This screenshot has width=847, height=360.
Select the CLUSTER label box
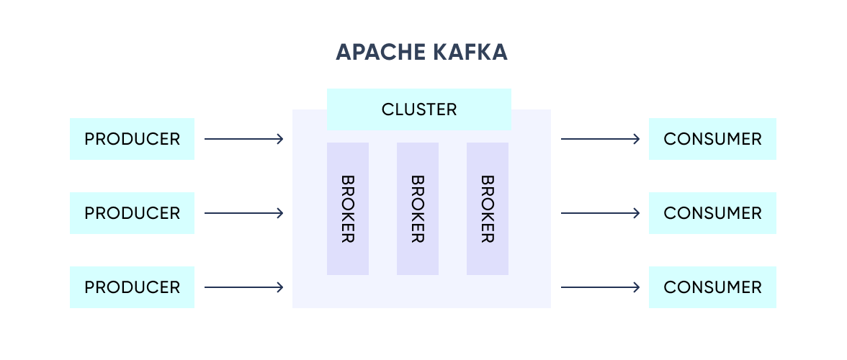click(418, 109)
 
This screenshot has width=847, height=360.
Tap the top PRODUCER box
click(132, 139)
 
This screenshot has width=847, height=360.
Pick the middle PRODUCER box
click(132, 213)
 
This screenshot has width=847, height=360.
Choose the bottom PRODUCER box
click(132, 287)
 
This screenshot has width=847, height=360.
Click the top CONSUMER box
click(712, 139)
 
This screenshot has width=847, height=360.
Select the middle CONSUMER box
click(712, 213)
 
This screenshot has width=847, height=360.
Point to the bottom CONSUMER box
click(712, 287)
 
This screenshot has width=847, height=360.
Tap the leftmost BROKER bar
click(348, 209)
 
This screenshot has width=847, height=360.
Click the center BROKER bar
click(418, 209)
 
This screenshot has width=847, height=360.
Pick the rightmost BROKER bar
click(488, 209)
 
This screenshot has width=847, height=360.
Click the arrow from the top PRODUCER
click(243, 139)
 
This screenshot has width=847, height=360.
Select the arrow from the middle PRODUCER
click(243, 213)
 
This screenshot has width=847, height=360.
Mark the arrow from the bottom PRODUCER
click(243, 287)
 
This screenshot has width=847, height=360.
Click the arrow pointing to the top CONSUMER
click(600, 139)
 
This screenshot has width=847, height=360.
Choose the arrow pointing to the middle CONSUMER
click(600, 213)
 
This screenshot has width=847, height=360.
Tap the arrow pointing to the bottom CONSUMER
click(600, 287)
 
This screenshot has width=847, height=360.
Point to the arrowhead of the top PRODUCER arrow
click(280, 139)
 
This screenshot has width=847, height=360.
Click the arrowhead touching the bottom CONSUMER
click(637, 287)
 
